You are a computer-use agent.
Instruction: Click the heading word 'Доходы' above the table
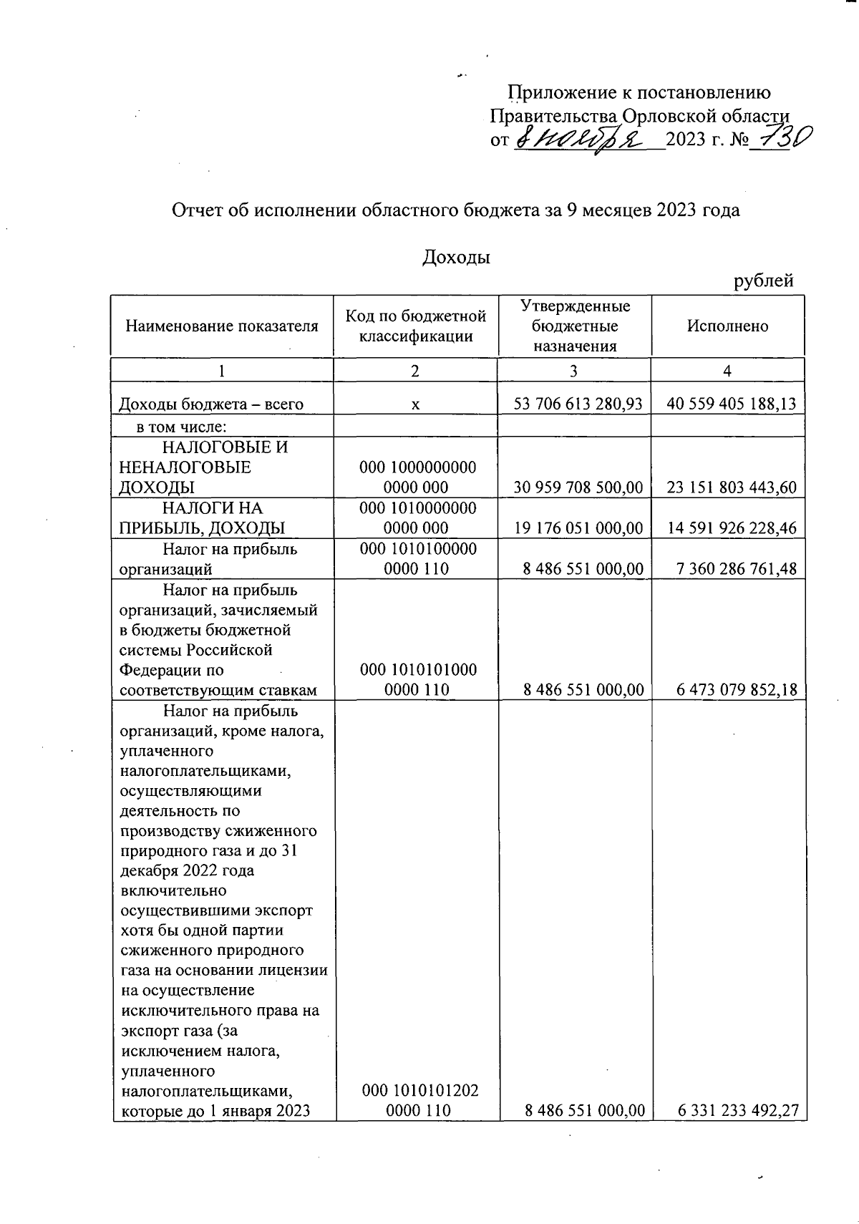457,258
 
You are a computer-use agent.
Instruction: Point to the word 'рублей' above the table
764,281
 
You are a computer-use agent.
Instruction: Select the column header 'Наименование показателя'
222,326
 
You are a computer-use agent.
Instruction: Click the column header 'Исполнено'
727,326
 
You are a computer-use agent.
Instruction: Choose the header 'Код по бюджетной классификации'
415,326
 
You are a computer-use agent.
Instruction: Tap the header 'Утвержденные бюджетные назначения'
575,326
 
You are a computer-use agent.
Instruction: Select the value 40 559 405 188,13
731,404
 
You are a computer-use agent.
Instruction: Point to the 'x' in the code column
415,405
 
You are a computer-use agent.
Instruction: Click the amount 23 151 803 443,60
731,488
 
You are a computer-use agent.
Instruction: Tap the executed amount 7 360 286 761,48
735,569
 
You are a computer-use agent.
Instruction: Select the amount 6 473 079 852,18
735,690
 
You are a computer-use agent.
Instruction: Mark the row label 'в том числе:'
182,427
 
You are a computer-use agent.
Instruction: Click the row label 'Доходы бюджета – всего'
212,404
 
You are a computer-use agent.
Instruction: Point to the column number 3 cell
574,370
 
